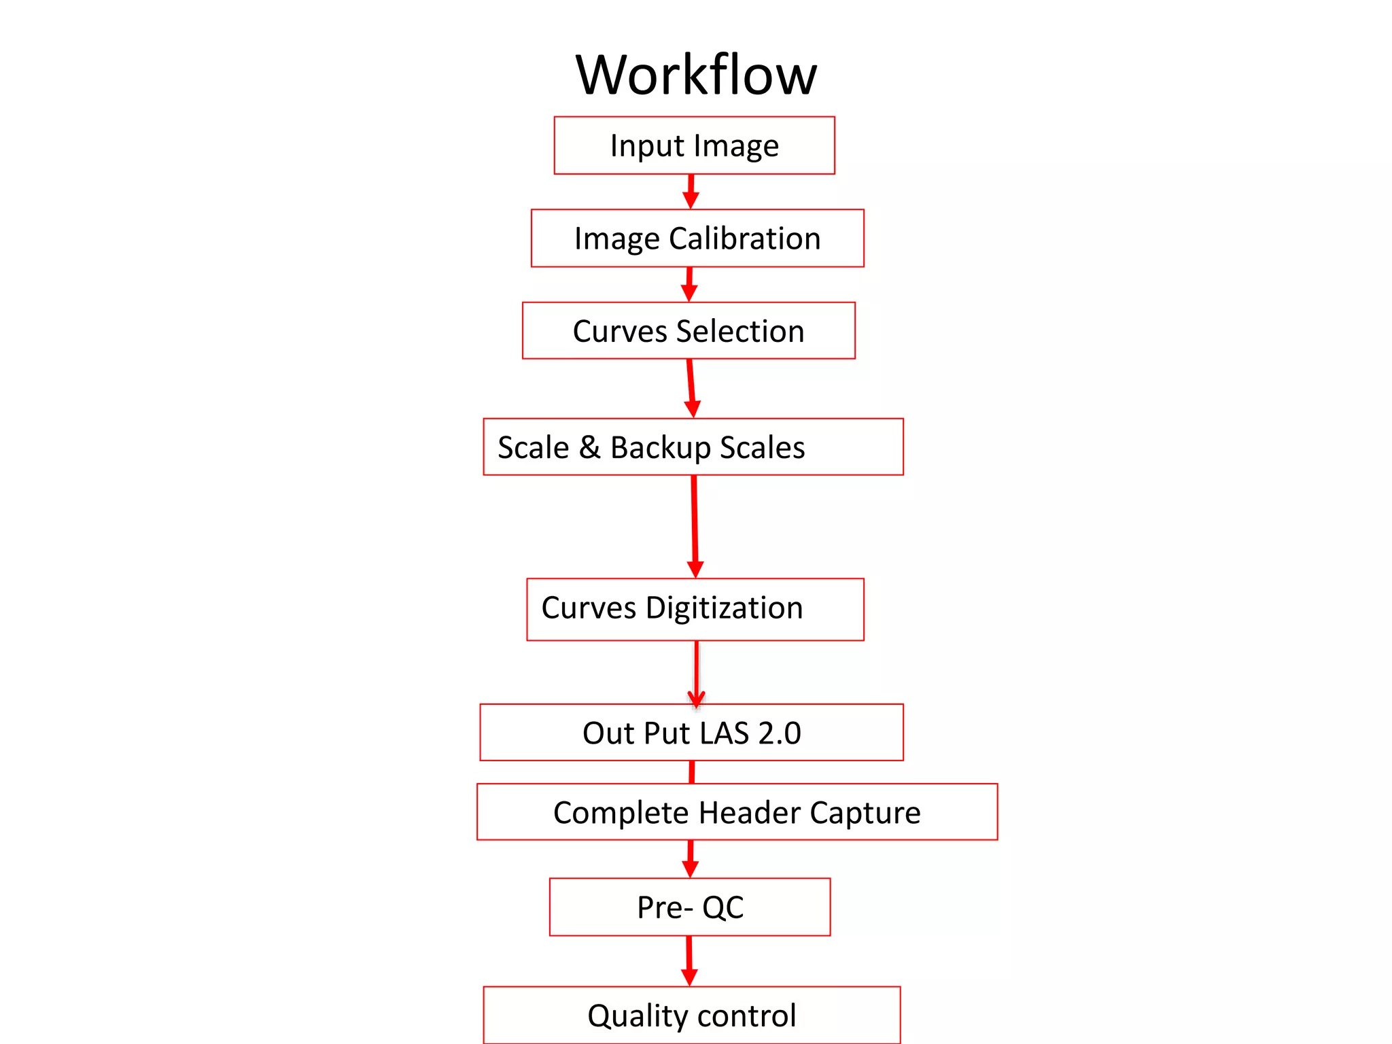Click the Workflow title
(x=696, y=75)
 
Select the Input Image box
(x=694, y=145)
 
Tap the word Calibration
(x=745, y=239)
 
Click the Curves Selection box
(x=689, y=331)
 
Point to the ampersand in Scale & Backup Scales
(x=589, y=447)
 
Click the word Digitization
(x=724, y=608)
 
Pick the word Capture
(x=865, y=814)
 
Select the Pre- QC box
(x=690, y=907)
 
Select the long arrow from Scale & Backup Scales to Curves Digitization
(x=695, y=526)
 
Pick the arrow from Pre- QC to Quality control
(x=689, y=960)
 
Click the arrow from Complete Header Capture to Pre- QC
(x=691, y=858)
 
